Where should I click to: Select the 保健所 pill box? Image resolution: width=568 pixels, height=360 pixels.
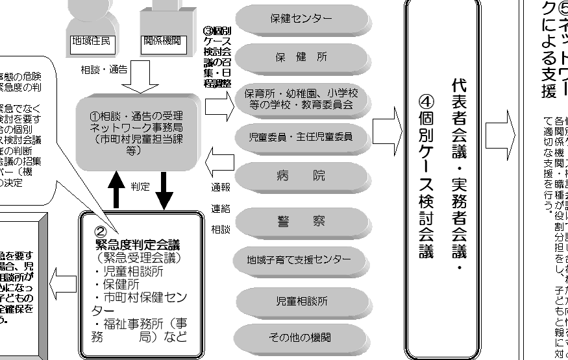point(301,56)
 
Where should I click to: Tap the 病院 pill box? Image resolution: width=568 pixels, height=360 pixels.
point(301,176)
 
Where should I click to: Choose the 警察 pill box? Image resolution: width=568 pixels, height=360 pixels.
point(301,221)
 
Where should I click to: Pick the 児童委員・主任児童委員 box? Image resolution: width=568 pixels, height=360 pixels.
point(301,137)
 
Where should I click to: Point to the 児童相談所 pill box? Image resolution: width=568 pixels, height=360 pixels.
point(301,301)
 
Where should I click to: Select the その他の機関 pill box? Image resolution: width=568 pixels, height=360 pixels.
point(301,338)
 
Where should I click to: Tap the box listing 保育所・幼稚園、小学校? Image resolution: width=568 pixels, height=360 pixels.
point(301,97)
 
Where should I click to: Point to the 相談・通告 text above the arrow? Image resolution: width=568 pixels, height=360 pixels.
point(104,68)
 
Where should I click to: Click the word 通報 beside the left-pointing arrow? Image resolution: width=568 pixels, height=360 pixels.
point(221,187)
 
